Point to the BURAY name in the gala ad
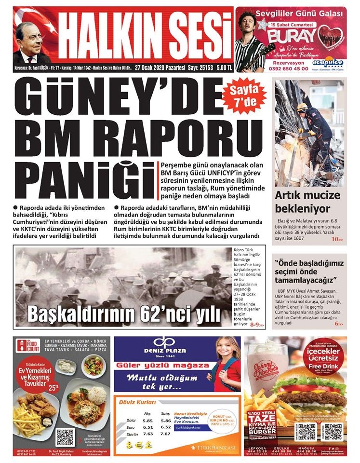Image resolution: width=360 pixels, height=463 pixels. [x=289, y=35]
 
